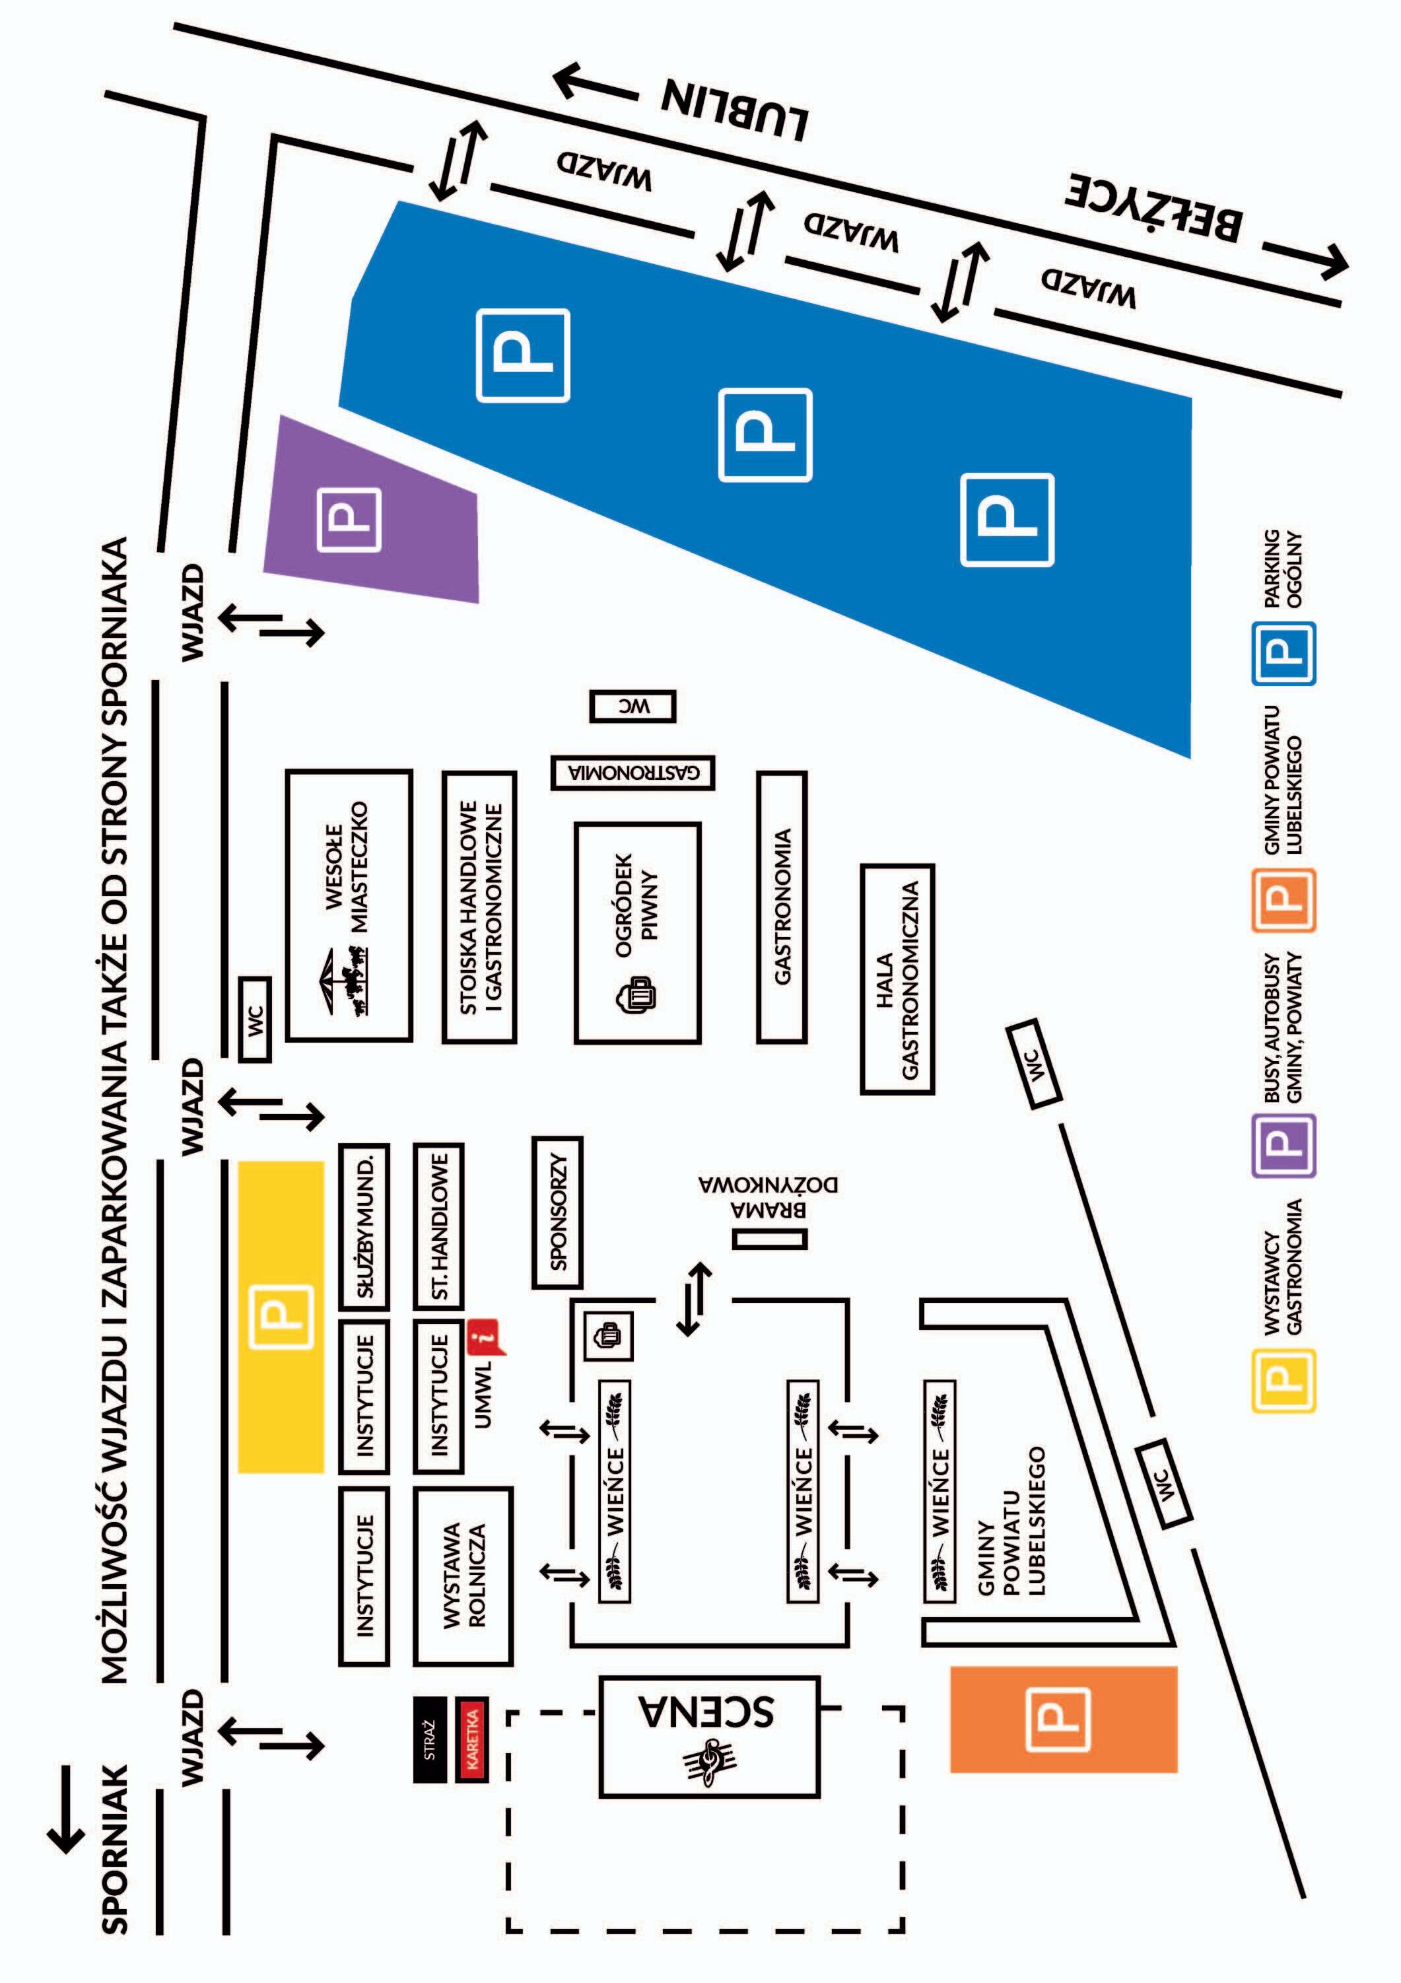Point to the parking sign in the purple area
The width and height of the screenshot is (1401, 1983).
pos(350,519)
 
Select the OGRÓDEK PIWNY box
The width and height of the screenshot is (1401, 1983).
pos(637,933)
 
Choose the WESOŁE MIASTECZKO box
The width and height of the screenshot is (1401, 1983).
pos(349,905)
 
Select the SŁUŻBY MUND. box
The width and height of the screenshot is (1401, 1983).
pos(364,1226)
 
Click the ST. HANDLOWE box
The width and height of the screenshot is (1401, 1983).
pos(439,1226)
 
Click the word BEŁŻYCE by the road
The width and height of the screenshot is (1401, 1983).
pos(1155,208)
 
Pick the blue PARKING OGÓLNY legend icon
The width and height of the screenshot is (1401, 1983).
pos(1283,654)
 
